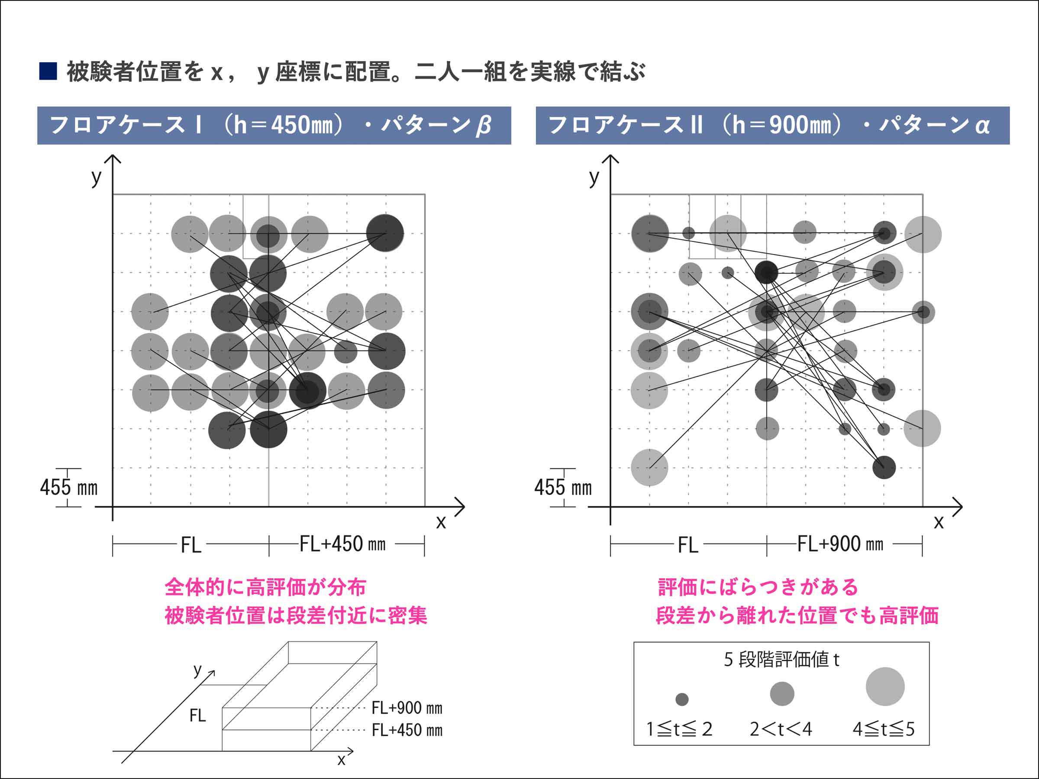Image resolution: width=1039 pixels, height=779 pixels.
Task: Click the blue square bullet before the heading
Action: click(48, 71)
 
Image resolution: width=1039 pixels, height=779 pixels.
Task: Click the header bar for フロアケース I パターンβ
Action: click(274, 126)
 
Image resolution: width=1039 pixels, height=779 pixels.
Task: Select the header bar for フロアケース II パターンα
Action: click(772, 126)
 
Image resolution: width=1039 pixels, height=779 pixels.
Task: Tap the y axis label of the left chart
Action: click(96, 177)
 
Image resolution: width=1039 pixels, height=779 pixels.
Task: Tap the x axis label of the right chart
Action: click(939, 521)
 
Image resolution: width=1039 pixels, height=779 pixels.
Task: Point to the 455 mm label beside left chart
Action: click(68, 487)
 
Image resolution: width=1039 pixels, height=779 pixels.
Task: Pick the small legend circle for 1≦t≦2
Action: click(682, 700)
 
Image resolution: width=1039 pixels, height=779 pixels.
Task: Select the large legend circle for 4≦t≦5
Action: click(885, 686)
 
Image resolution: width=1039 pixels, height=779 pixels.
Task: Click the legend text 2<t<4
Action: click(781, 729)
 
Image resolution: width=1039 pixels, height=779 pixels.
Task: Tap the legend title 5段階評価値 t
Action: click(781, 660)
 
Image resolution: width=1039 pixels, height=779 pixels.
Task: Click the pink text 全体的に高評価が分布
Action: click(265, 587)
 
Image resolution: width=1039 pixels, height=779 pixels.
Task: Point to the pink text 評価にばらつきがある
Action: click(758, 587)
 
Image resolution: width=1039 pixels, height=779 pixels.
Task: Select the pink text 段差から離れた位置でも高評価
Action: click(797, 615)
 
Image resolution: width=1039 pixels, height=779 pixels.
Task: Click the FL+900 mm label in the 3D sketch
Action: click(407, 708)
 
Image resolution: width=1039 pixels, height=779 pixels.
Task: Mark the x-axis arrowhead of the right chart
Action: click(959, 507)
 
